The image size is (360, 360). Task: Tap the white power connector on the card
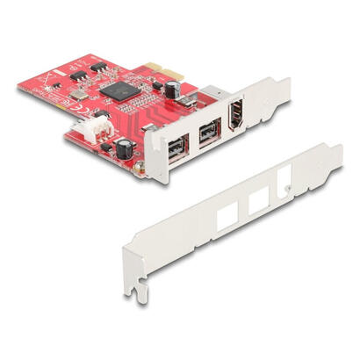pyautogui.click(x=101, y=126)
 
